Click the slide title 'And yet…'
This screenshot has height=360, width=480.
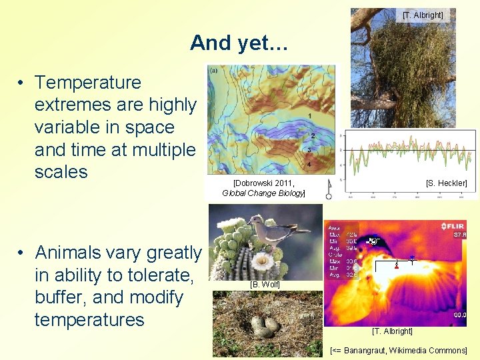239,43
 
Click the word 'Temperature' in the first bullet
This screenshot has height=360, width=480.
88,83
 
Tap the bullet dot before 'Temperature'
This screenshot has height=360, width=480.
22,83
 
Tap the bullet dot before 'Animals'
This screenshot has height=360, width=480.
22,253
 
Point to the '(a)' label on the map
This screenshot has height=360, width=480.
213,70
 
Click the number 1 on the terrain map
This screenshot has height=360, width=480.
309,117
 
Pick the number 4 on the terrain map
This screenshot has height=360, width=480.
308,164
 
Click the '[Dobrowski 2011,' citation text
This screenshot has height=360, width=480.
263,183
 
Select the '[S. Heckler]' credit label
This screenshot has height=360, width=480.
446,183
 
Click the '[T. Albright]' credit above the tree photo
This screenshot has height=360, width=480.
423,15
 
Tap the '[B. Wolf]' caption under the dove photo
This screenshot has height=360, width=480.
265,285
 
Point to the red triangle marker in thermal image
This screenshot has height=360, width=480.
397,266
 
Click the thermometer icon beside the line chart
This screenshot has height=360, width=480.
329,189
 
